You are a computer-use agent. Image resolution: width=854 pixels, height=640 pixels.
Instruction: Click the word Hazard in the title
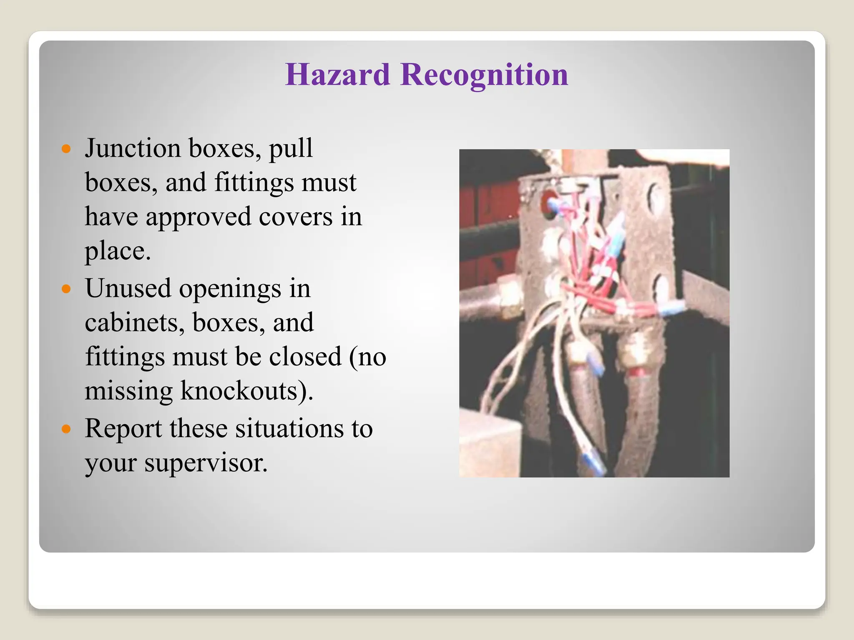(x=337, y=75)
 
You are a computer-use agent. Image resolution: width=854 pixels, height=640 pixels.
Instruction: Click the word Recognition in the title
(x=484, y=75)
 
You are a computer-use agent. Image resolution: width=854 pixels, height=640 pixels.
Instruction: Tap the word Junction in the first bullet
(x=133, y=149)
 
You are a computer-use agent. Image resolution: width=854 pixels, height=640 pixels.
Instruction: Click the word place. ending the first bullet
(x=118, y=251)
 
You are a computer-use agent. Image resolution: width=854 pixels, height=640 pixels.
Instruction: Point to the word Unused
(x=128, y=289)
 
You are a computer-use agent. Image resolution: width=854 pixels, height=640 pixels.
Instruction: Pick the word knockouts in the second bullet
(x=244, y=391)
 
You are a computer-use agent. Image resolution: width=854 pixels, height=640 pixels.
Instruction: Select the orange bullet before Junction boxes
(x=66, y=149)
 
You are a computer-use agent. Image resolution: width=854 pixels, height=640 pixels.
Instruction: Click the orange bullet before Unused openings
(x=66, y=289)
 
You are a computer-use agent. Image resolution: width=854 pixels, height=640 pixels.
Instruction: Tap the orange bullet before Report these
(x=66, y=429)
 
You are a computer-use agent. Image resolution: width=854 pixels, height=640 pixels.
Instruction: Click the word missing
(x=128, y=391)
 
